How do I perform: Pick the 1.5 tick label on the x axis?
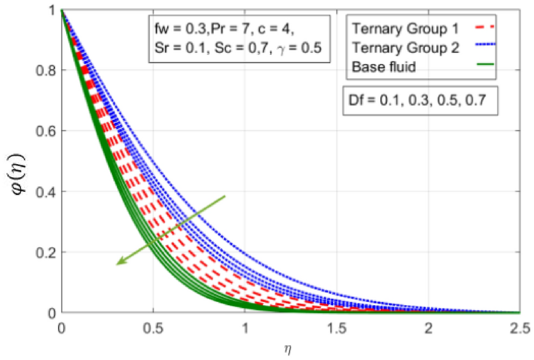336,328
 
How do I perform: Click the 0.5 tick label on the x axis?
152,328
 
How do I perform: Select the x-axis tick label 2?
428,328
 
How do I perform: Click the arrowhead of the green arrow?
119,263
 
